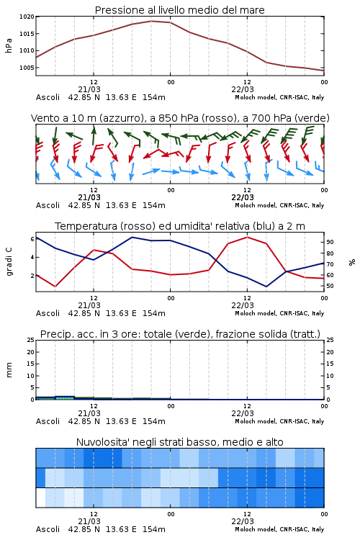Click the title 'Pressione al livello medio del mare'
[179, 10]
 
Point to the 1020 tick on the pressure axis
[27, 17]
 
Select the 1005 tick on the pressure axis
[27, 68]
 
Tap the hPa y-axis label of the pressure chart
[9, 45]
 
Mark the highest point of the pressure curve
[151, 21]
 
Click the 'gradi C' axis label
[9, 261]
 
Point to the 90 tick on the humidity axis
[330, 242]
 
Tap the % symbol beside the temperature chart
[352, 262]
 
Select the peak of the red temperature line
[247, 238]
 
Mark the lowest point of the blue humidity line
[266, 287]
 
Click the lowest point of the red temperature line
[55, 287]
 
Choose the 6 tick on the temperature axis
[32, 239]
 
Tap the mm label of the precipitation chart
[9, 369]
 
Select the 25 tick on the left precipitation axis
[30, 340]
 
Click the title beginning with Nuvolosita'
[179, 442]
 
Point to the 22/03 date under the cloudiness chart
[243, 521]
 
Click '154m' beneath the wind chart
[154, 205]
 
